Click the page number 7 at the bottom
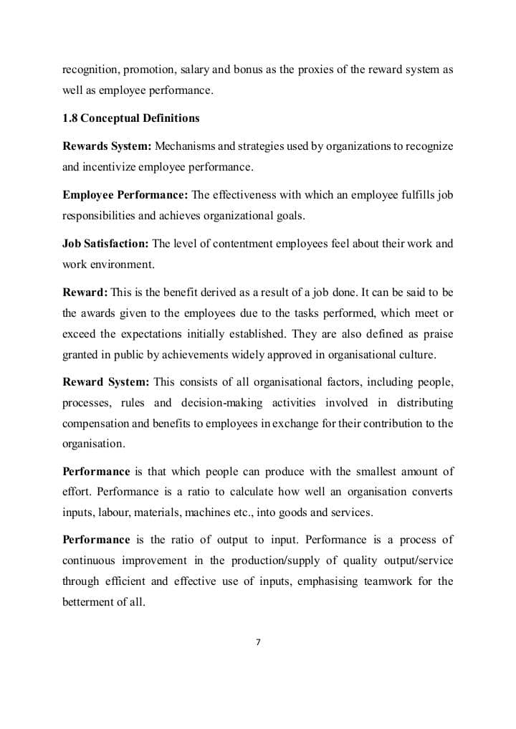pyautogui.click(x=258, y=642)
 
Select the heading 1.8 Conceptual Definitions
pyautogui.click(x=131, y=118)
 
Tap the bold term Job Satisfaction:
pyautogui.click(x=106, y=244)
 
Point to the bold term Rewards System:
pyautogui.click(x=107, y=146)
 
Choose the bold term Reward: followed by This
pyautogui.click(x=85, y=292)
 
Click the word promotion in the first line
pyautogui.click(x=150, y=70)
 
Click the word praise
pyautogui.click(x=438, y=334)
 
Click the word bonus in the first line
pyautogui.click(x=244, y=70)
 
